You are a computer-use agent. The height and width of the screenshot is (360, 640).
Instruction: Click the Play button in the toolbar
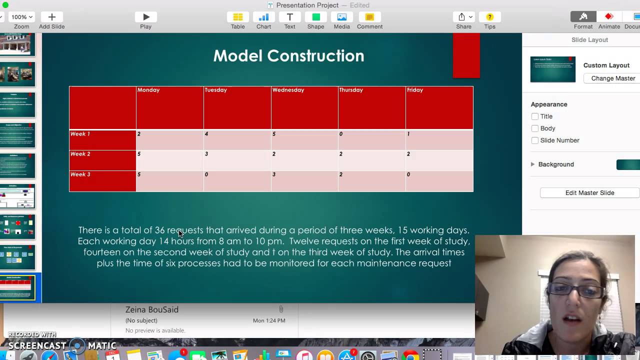tap(145, 17)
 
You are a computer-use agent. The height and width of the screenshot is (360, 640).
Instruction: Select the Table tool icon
tap(237, 17)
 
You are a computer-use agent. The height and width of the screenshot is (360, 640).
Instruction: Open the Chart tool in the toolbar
tap(263, 17)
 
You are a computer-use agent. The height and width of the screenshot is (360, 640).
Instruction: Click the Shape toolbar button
tap(315, 17)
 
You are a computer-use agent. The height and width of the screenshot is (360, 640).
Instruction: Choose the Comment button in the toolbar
tap(369, 17)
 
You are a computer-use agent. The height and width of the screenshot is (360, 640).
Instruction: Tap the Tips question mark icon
tap(489, 17)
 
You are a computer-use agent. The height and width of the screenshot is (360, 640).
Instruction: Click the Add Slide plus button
tap(51, 17)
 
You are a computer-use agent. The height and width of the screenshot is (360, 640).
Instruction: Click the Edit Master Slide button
tap(589, 193)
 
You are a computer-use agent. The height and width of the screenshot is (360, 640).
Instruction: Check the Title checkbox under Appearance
tap(535, 116)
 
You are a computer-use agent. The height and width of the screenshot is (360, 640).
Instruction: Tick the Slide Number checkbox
tap(535, 140)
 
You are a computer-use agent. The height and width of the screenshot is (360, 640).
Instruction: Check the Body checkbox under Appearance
tap(535, 128)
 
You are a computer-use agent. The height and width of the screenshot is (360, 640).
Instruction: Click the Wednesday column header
tap(288, 90)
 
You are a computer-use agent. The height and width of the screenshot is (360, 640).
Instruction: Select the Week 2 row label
tap(80, 154)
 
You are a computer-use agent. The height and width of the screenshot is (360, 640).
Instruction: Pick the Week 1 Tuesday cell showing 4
tap(206, 134)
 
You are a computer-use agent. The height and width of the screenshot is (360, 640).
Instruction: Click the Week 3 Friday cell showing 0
tap(408, 174)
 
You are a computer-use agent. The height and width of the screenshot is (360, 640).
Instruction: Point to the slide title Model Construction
tap(288, 55)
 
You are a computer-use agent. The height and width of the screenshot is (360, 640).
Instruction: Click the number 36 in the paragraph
tap(159, 230)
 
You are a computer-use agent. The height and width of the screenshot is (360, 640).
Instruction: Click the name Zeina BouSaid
tap(152, 309)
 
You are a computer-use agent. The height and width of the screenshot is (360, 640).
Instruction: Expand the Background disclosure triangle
tap(532, 164)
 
